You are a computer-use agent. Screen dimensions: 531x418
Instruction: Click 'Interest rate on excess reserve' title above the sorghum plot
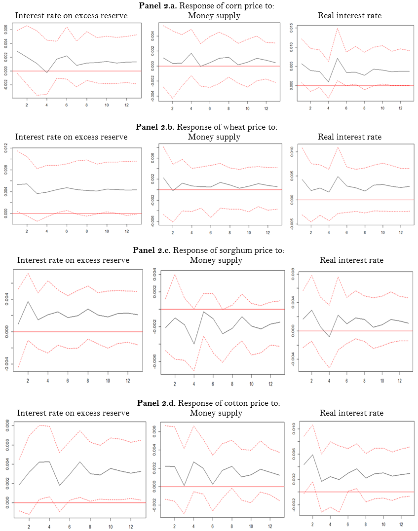[x=73, y=260]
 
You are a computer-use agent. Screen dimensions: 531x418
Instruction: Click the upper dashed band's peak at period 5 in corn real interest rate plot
[x=338, y=28]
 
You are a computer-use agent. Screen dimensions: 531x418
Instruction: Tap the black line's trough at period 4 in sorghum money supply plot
[x=194, y=344]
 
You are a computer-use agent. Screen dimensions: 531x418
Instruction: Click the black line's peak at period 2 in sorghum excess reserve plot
[x=28, y=301]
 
